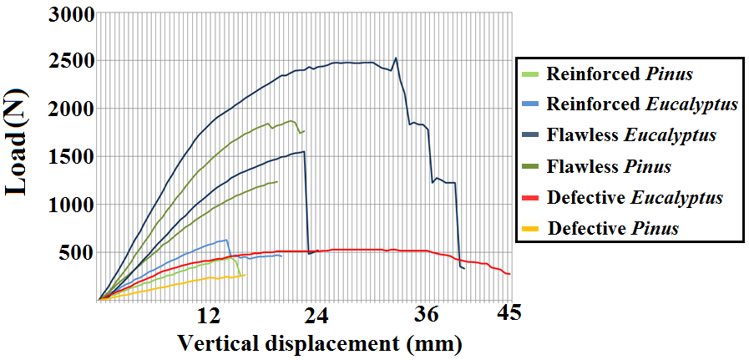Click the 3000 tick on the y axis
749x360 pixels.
71,14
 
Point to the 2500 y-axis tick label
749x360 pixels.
71,62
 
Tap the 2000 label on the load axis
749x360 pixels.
71,109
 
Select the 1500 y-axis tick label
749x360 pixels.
71,157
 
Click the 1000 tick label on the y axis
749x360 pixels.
71,205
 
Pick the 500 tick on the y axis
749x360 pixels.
77,252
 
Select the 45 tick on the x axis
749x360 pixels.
509,313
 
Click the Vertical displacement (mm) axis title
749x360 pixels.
318,343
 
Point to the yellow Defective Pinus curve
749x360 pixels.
167,284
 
